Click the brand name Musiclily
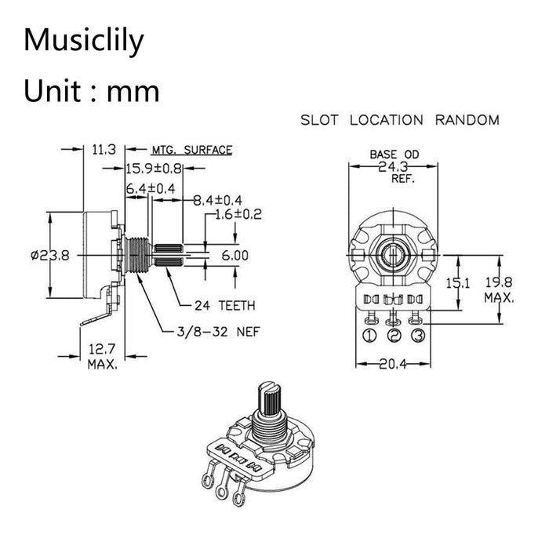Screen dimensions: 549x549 [x=84, y=40]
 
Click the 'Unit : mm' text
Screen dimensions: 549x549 [x=91, y=92]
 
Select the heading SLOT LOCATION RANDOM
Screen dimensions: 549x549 [x=400, y=121]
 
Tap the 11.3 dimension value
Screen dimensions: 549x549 [x=104, y=149]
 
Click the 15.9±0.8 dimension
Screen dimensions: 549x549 [x=155, y=168]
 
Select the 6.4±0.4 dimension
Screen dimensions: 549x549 [x=151, y=189]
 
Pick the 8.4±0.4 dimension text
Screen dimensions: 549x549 [x=218, y=201]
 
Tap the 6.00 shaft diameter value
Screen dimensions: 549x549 [x=235, y=256]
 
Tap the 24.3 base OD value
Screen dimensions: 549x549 [x=394, y=167]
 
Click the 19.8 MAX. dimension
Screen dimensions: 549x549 [x=499, y=290]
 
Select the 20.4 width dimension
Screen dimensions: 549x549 [x=394, y=363]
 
